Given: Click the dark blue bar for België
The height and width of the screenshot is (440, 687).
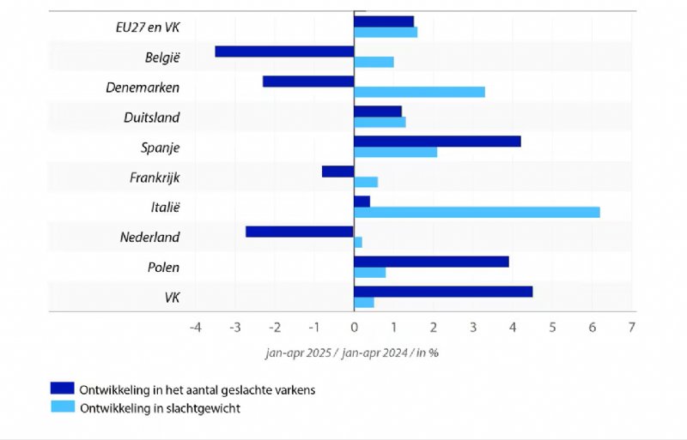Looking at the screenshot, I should tap(284, 51).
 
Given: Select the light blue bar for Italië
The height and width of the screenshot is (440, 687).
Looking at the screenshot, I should tap(477, 212).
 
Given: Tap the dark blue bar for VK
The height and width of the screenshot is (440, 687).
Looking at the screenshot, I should tap(443, 292).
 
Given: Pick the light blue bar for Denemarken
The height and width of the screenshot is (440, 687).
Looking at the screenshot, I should tap(419, 92).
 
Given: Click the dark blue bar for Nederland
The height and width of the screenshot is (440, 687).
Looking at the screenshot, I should tap(300, 232).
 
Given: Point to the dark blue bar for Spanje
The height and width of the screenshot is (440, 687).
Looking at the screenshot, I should tap(437, 142).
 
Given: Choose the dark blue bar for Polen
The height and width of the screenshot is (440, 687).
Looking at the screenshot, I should tap(431, 262).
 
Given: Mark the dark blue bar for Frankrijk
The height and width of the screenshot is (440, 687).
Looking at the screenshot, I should tap(338, 172).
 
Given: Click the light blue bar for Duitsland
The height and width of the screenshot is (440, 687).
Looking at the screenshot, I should tap(380, 122).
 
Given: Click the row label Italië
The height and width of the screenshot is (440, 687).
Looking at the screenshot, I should tap(165, 207).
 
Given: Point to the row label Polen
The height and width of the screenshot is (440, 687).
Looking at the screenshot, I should tap(162, 267).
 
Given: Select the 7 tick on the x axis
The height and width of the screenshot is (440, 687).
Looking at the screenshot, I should tap(632, 327).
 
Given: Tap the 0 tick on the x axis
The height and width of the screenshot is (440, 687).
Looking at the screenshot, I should tap(354, 327).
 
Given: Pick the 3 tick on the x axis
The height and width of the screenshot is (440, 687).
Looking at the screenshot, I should tap(473, 327).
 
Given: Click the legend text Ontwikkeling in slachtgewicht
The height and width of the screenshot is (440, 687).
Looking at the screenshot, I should tap(160, 408).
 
